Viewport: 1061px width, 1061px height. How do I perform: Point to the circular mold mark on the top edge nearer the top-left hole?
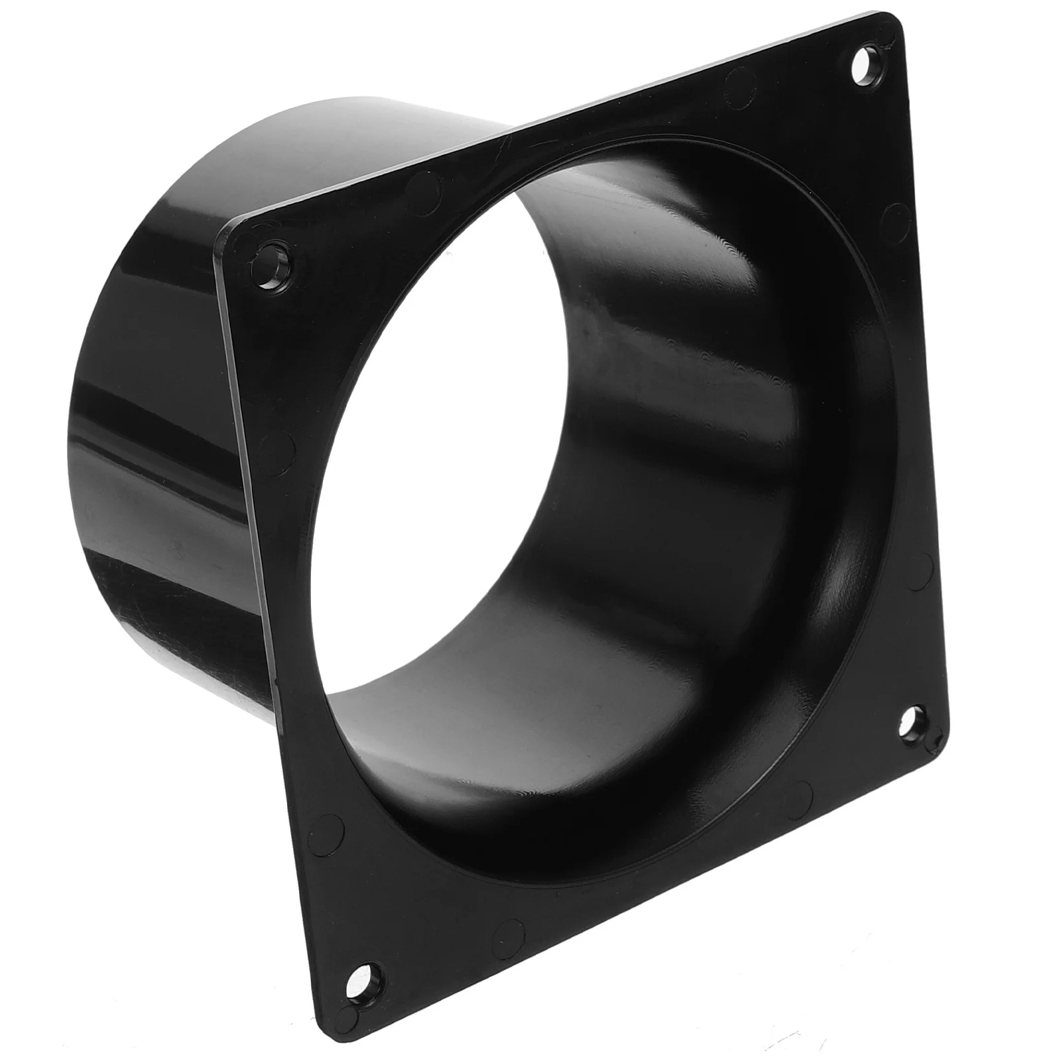click(x=424, y=189)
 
